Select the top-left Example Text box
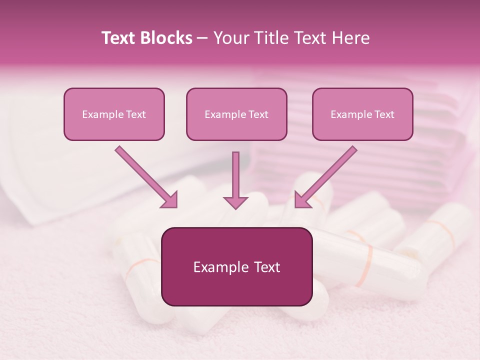(114, 114)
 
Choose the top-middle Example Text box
(236, 114)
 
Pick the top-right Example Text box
(362, 114)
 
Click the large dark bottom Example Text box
(236, 267)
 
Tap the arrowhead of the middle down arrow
(235, 201)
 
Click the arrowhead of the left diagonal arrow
(169, 199)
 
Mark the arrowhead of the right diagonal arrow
(302, 199)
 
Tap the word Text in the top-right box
(384, 114)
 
